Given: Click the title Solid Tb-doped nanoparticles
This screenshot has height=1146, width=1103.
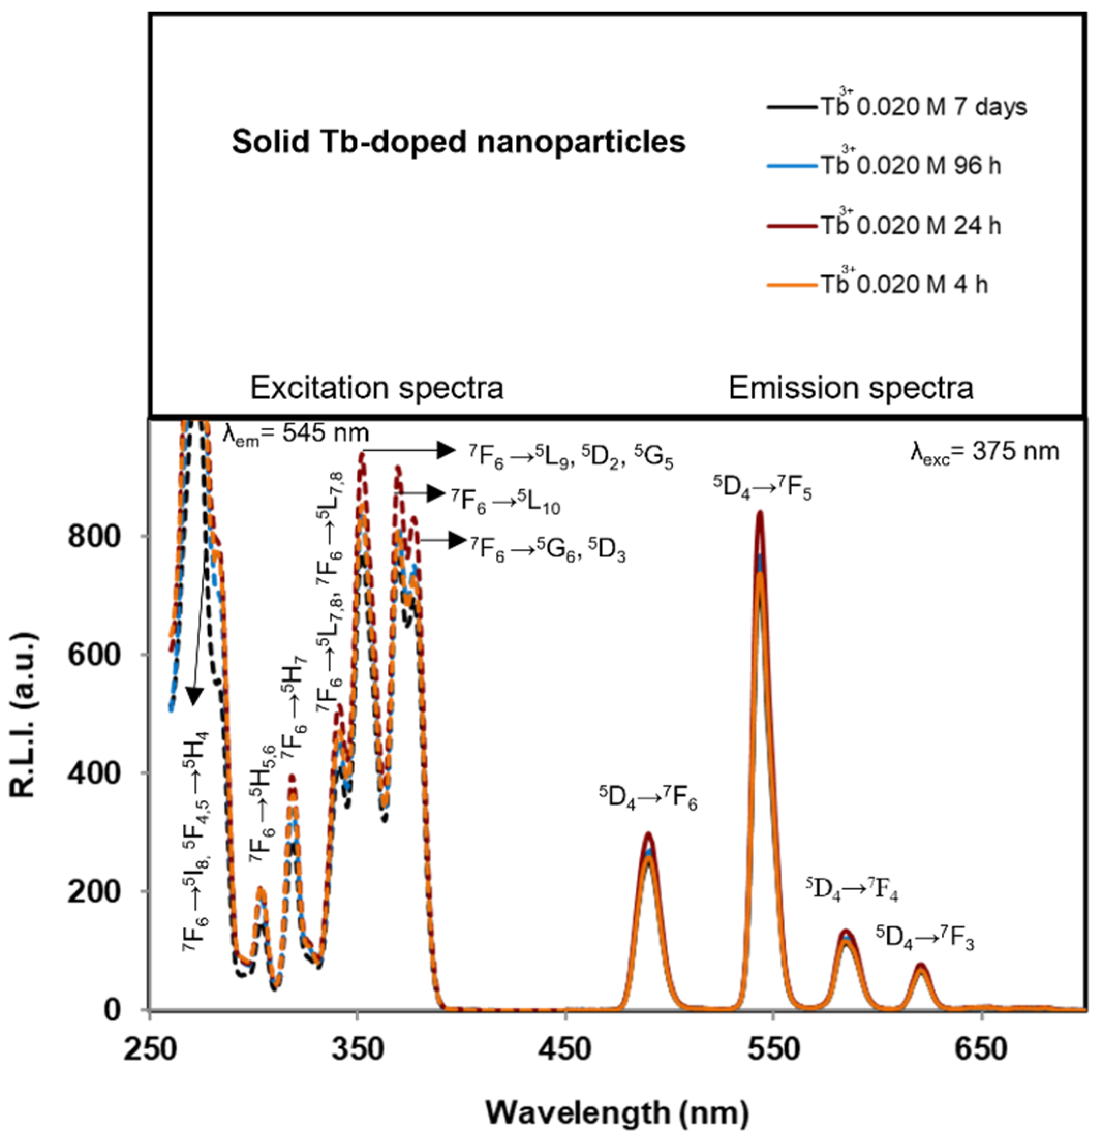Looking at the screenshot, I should click(x=458, y=142).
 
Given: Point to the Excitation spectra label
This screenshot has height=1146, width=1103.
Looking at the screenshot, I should click(x=377, y=388).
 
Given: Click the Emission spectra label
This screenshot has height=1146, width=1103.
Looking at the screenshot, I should click(x=851, y=388).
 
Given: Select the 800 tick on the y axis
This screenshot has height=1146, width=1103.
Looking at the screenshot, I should click(x=95, y=536).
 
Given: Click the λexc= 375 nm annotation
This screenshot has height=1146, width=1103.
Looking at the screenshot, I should click(x=984, y=452).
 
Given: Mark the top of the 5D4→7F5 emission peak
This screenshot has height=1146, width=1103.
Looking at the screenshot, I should click(x=760, y=514).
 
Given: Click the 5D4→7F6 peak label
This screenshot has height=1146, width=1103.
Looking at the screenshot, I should click(x=648, y=798).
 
